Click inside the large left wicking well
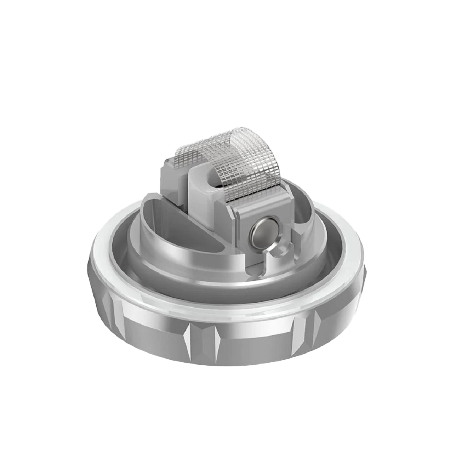(x=169, y=220)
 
